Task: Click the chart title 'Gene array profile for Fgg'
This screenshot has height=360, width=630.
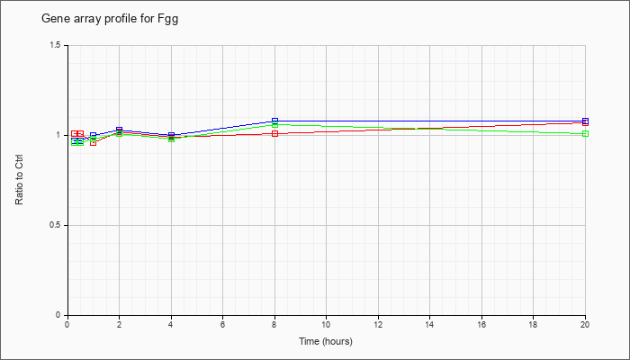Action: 110,19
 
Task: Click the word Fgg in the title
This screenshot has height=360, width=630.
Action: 169,19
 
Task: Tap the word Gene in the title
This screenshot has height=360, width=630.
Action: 52,19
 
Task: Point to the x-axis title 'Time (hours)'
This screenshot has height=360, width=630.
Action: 326,341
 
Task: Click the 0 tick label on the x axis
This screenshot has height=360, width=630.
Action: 67,324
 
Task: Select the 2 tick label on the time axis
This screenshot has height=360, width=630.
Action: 120,324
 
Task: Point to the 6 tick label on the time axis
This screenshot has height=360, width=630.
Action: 222,324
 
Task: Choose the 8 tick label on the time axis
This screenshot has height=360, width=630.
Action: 274,324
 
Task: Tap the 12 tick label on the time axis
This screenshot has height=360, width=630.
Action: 378,324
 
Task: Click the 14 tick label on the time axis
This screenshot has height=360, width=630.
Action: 430,324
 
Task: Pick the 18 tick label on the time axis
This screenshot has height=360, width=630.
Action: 533,324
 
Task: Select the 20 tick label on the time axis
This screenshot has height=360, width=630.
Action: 585,324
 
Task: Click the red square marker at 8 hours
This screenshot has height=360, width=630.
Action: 274,134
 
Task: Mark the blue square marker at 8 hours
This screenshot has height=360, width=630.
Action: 274,121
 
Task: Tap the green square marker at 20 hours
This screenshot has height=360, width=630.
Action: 585,134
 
